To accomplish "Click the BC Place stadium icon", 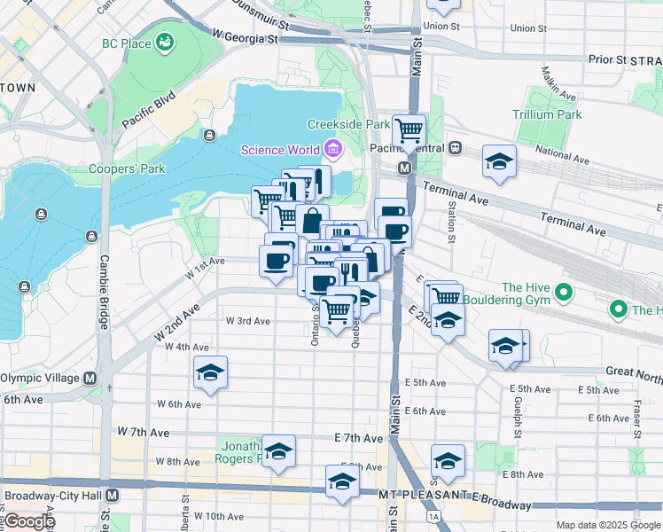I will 164,42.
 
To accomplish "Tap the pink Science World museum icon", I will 332,148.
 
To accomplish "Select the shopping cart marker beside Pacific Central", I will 409,131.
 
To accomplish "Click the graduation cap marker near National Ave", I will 499,161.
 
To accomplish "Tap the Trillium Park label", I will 547,114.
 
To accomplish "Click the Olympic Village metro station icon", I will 90,378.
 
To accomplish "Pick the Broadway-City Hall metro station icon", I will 112,495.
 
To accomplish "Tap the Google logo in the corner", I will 28,521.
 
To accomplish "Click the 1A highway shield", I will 433,515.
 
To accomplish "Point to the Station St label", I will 451,222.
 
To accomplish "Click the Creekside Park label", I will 348,125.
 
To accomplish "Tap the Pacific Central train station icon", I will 456,146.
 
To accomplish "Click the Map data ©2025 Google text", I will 608,525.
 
